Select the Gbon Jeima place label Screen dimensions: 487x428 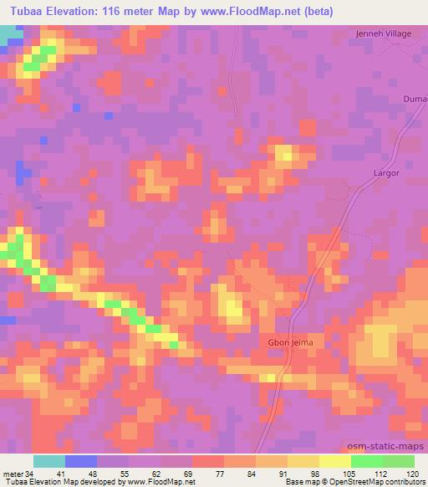(x=268, y=343)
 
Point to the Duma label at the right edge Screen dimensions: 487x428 (x=416, y=99)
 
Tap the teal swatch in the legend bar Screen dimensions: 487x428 (x=49, y=461)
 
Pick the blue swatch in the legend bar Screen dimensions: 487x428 (x=81, y=461)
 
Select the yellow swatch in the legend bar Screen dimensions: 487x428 (x=335, y=461)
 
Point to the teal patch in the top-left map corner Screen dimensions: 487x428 (x=11, y=35)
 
